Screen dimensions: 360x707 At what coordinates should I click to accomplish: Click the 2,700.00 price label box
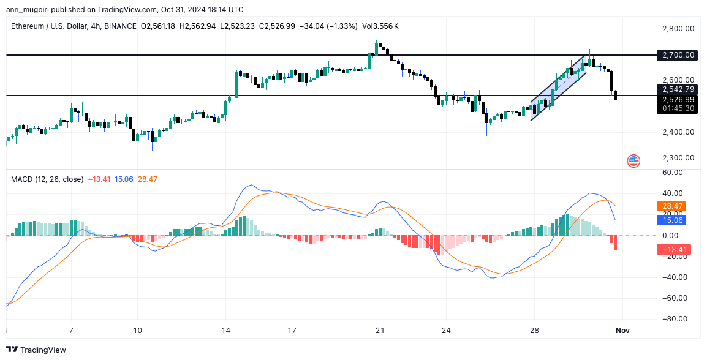[678, 55]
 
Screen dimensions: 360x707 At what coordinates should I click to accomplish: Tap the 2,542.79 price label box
[678, 89]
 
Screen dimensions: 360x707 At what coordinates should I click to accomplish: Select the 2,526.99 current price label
[678, 99]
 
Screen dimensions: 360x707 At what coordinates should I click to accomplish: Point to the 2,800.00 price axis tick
[678, 29]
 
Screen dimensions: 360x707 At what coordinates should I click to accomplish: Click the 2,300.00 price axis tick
[678, 158]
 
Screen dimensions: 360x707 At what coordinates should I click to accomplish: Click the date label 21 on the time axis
[380, 331]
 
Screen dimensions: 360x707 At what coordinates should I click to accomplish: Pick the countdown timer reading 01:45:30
[678, 108]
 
